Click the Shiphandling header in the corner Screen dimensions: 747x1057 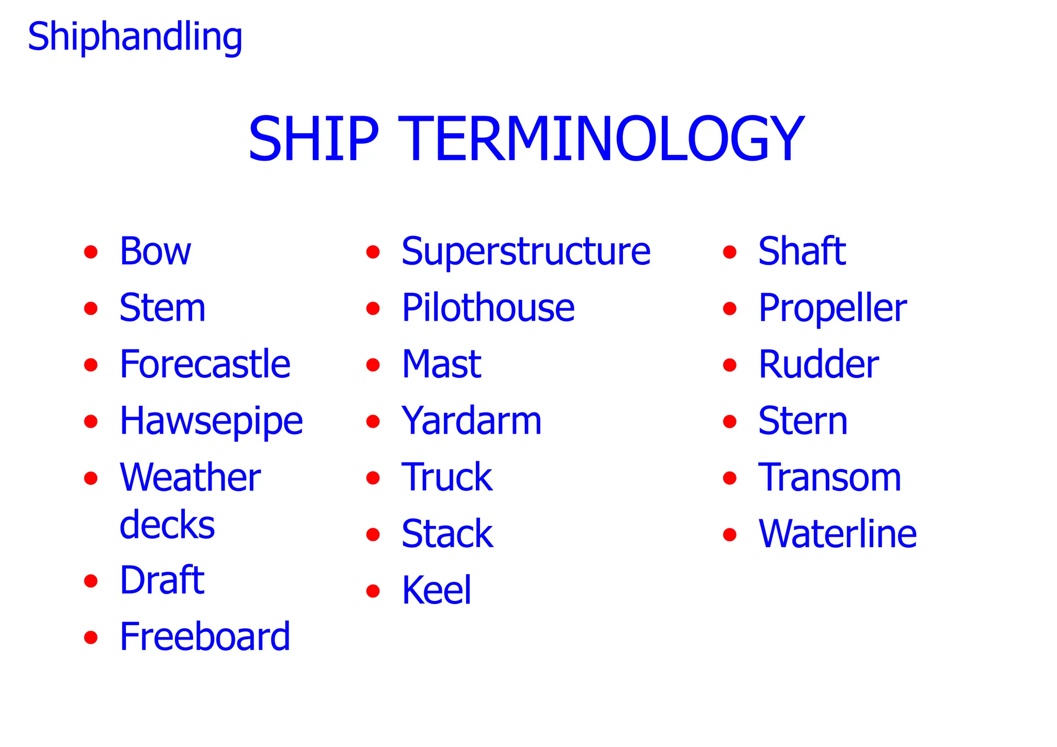(x=135, y=37)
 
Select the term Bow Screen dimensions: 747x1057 (x=155, y=251)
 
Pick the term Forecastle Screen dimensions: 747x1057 (x=205, y=364)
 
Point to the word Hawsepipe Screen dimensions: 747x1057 (x=211, y=422)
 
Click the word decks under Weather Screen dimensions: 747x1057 (x=167, y=525)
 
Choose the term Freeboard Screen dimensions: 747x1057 (x=205, y=637)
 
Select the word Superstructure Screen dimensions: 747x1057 (x=526, y=251)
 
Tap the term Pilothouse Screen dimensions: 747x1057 (x=488, y=308)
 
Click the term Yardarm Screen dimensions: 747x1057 (x=471, y=421)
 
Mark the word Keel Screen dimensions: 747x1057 (x=436, y=590)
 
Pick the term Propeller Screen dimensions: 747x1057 (x=832, y=308)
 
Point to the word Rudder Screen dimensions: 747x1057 (x=818, y=364)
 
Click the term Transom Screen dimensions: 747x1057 (x=829, y=478)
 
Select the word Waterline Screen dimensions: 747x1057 (x=837, y=534)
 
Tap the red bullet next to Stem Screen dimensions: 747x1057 (x=91, y=309)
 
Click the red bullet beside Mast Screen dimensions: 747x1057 (x=373, y=365)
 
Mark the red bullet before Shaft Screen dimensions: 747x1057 (x=729, y=252)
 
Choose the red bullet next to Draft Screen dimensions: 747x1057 (x=91, y=581)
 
